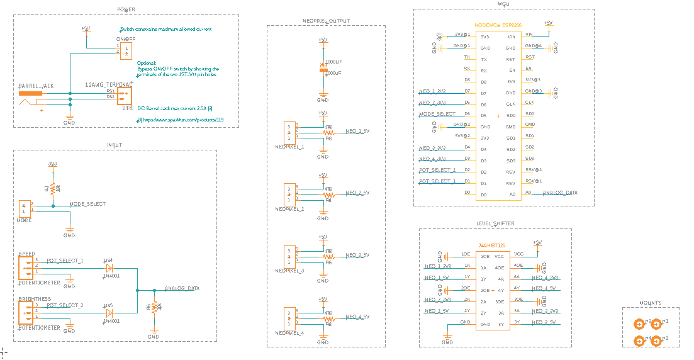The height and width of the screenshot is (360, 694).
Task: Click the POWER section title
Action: click(126, 9)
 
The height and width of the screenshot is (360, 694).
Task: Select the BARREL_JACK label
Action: click(35, 85)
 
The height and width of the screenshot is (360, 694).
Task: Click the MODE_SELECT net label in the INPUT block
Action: click(87, 204)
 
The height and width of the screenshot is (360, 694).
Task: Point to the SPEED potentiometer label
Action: click(26, 253)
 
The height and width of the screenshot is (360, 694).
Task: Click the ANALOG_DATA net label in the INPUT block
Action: click(182, 288)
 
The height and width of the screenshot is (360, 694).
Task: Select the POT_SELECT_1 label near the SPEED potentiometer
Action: click(65, 260)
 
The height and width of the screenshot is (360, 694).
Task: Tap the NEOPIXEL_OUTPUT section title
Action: click(326, 21)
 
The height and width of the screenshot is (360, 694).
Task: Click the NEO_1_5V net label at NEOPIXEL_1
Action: click(357, 132)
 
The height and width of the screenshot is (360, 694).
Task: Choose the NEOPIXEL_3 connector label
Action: click(289, 271)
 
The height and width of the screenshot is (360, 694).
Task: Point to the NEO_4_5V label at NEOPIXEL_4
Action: click(357, 317)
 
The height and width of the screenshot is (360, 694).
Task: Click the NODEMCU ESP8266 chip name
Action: click(500, 25)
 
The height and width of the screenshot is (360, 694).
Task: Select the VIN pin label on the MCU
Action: click(511, 36)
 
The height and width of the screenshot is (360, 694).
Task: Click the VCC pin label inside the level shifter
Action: click(500, 256)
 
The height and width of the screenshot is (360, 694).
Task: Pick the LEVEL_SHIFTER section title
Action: click(495, 223)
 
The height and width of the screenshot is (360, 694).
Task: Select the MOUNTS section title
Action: click(651, 303)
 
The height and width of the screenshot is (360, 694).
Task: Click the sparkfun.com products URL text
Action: click(183, 119)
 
